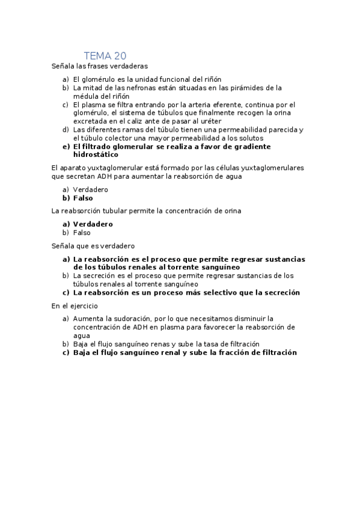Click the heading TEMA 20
[105, 56]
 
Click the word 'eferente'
[240, 105]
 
